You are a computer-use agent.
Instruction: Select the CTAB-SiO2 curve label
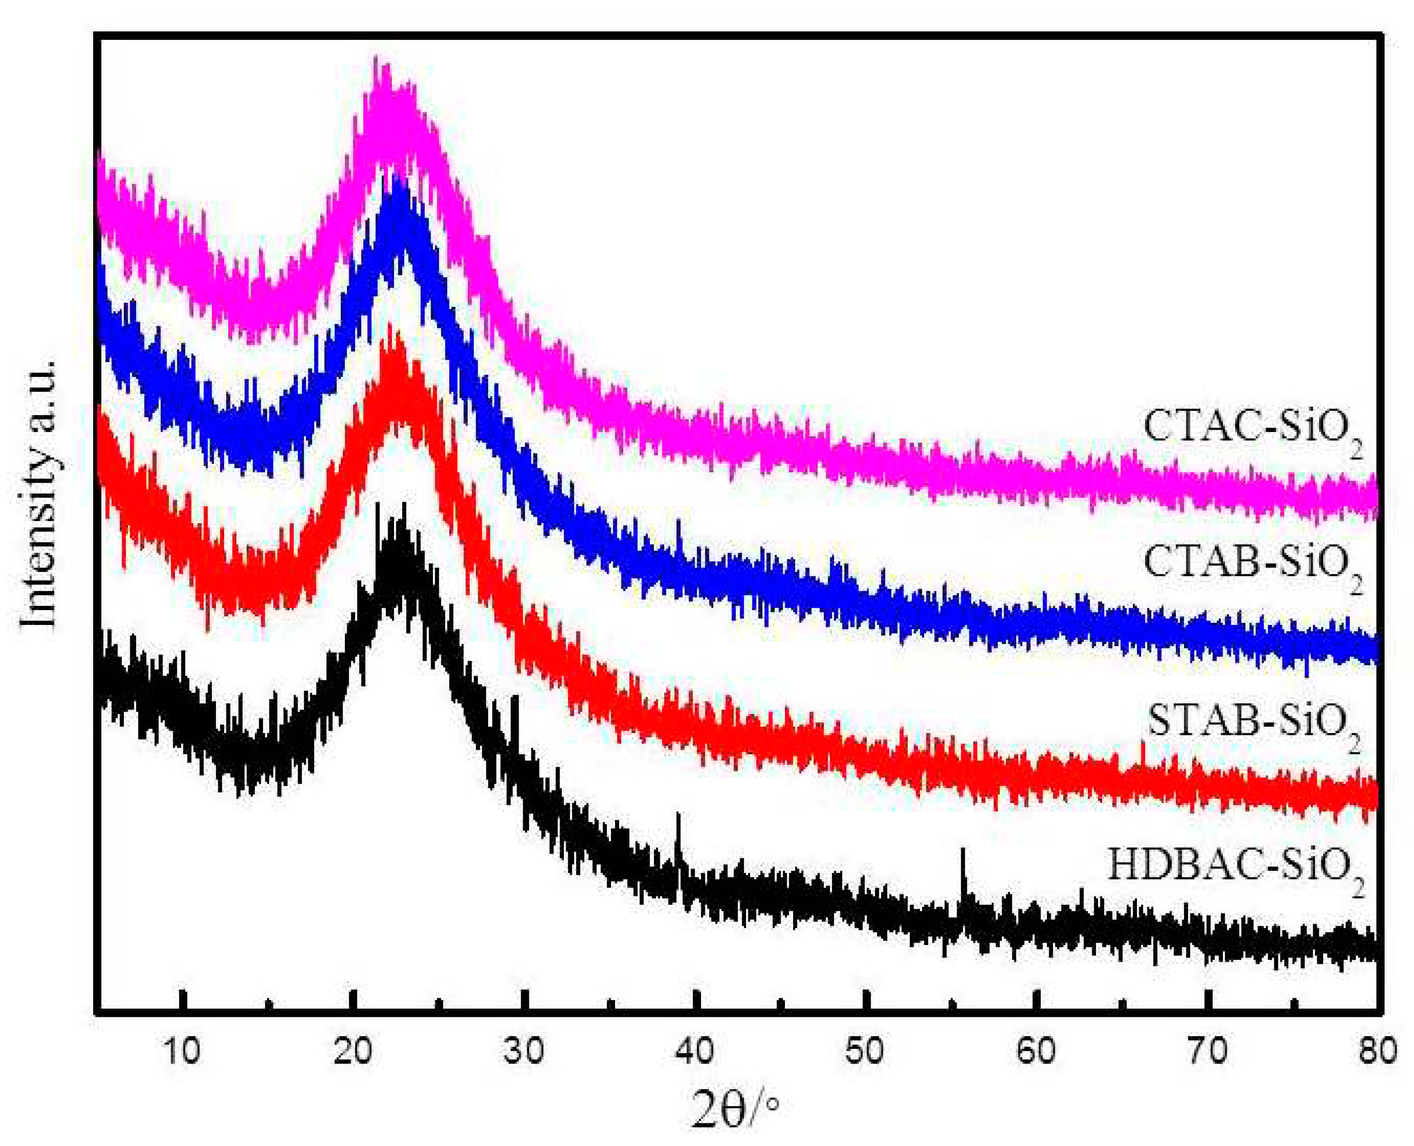click(1252, 566)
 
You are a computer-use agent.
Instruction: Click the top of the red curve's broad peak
click(391, 330)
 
